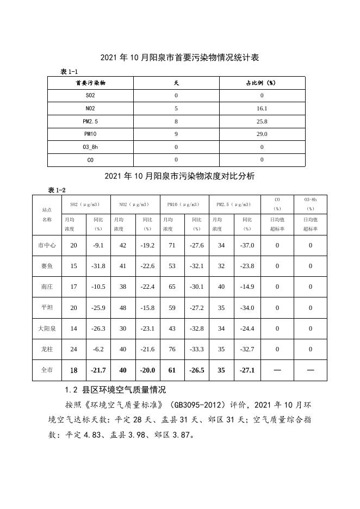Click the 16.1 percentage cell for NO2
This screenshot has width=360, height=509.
click(x=262, y=108)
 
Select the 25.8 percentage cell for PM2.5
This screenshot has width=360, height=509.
click(x=262, y=121)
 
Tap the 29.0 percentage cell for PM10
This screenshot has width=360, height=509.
click(x=262, y=134)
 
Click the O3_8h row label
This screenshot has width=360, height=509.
click(x=90, y=147)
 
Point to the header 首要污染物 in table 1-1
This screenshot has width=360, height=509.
click(x=90, y=83)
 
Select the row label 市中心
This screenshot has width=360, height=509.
click(x=47, y=245)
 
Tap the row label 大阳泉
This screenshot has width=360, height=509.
click(x=47, y=328)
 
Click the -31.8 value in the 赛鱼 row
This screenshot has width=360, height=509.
click(x=98, y=266)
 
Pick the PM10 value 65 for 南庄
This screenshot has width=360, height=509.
click(x=172, y=287)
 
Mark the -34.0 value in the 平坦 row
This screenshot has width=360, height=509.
click(x=247, y=308)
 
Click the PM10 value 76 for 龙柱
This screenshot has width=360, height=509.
click(x=172, y=349)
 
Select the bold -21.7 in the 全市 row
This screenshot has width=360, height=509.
click(x=98, y=370)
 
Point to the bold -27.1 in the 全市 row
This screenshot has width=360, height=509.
click(x=247, y=370)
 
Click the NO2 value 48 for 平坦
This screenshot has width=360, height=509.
click(x=123, y=308)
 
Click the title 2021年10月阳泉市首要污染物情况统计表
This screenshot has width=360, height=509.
click(x=179, y=58)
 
